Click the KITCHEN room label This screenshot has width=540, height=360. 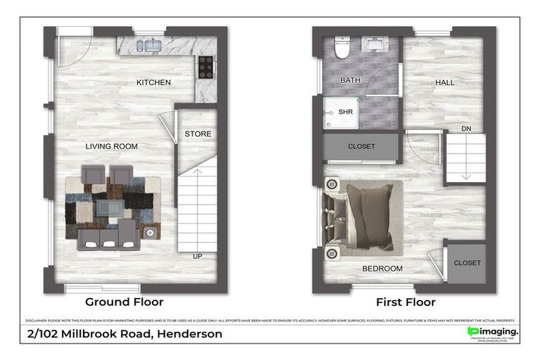coord(153,83)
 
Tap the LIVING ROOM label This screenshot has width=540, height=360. coord(111,146)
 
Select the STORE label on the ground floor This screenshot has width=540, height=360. coord(198,134)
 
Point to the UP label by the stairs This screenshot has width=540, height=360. coord(198,257)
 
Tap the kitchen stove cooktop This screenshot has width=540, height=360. coord(206,67)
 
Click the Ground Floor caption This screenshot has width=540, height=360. coord(124,302)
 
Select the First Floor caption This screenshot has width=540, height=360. coord(406,302)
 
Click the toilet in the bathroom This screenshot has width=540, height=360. coord(342,49)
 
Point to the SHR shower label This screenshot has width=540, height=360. coord(345,112)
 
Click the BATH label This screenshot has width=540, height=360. coord(350,80)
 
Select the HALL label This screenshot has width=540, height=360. coord(444,82)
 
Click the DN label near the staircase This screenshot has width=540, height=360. coord(466,129)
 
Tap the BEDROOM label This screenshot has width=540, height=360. coord(382,269)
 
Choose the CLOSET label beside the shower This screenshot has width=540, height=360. coord(361,146)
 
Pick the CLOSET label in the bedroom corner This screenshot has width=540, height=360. coord(467,263)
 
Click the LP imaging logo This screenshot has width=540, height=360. coord(493,331)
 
